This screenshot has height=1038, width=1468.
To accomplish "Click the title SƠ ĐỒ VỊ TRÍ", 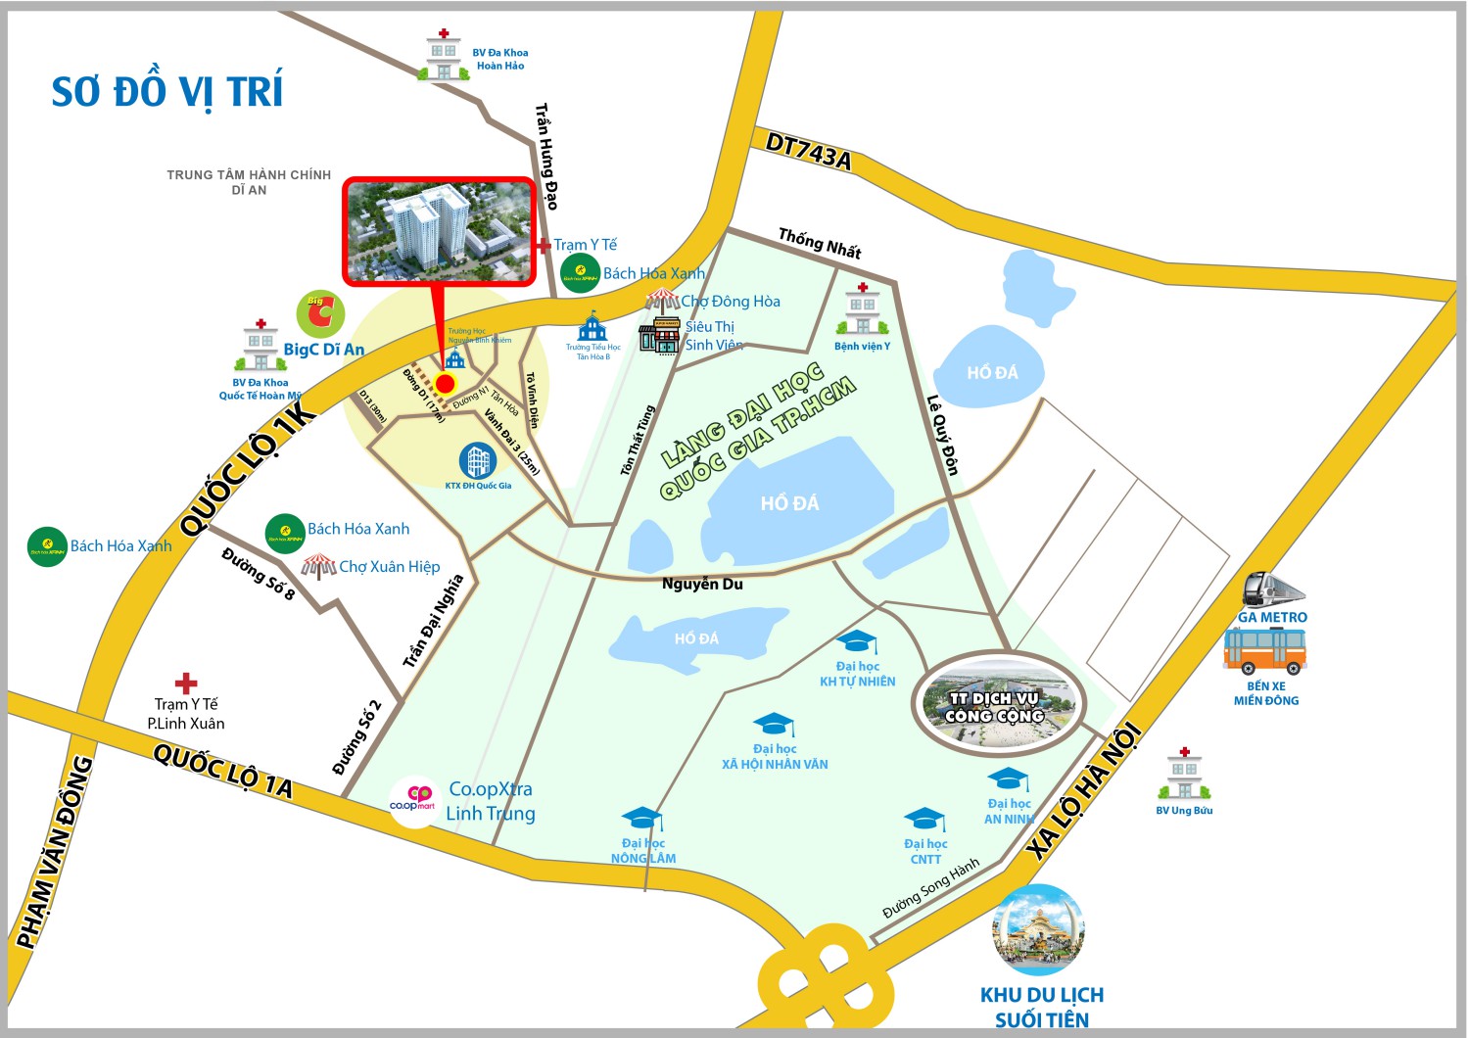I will (x=166, y=92).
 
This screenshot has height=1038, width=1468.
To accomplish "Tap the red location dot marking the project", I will (x=446, y=383).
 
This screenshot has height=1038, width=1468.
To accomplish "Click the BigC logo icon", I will (x=320, y=313).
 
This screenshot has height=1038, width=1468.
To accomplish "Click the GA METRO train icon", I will (x=1272, y=590).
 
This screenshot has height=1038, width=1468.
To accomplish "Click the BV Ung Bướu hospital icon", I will (x=1184, y=775).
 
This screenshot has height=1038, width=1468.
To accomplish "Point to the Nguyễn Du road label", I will (x=702, y=584).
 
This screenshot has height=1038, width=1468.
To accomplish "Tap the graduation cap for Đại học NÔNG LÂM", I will (x=642, y=819).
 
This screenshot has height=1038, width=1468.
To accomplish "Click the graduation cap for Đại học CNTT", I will (x=924, y=819).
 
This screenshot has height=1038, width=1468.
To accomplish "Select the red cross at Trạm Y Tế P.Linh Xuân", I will (x=185, y=683).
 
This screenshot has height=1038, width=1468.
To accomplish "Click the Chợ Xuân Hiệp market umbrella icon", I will (x=318, y=566).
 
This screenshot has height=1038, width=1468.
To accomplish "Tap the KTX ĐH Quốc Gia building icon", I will (x=478, y=460).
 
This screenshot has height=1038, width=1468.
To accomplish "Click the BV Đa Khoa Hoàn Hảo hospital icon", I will (x=444, y=57).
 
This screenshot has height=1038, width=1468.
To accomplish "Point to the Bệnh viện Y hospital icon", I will (x=862, y=310).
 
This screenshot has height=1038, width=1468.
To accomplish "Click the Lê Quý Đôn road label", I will (x=943, y=435).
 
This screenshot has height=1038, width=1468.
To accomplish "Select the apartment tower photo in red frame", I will (x=439, y=231).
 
